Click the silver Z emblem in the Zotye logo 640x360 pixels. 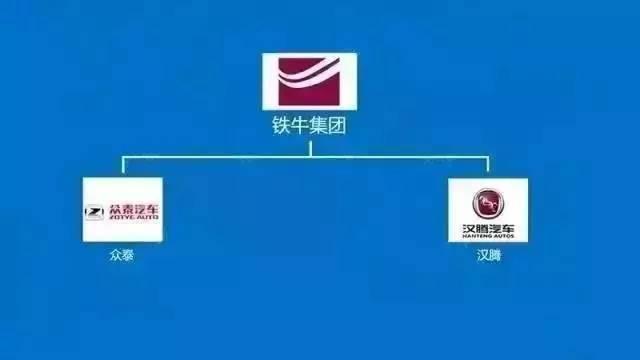[95, 211]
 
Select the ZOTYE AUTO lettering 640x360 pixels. [129, 217]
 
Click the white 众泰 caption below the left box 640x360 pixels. [121, 255]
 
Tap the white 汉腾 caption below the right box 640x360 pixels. [488, 255]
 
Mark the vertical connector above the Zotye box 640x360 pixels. [122, 165]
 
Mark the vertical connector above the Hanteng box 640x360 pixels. [488, 165]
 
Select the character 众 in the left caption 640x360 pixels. [115, 255]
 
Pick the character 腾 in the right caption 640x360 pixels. [494, 255]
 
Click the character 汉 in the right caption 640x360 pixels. [482, 255]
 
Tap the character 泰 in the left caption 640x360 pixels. [127, 255]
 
